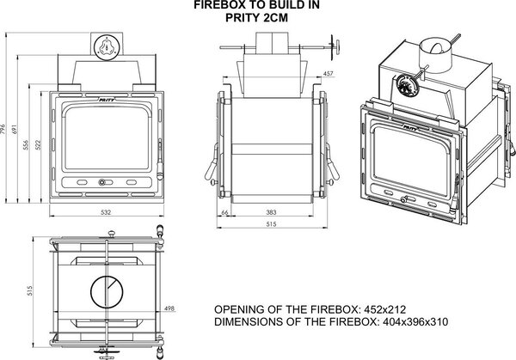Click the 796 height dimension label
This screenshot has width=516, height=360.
click(3, 129)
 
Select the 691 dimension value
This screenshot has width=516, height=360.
click(14, 129)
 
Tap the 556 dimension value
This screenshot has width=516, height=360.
click(26, 145)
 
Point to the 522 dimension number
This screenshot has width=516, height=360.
click(38, 145)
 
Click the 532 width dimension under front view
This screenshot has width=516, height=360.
click(106, 212)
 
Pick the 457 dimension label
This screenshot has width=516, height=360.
click(328, 74)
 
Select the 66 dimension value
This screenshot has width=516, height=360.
click(224, 212)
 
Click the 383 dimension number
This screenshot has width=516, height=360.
click(271, 212)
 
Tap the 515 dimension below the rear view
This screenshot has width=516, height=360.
click(271, 224)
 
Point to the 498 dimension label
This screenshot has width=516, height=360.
click(169, 308)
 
